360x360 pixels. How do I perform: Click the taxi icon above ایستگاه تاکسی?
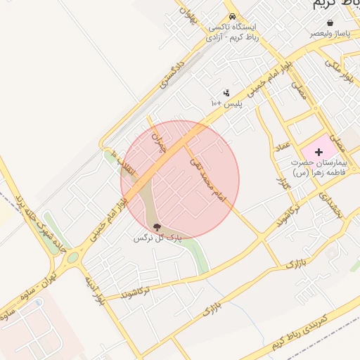pos(233,18)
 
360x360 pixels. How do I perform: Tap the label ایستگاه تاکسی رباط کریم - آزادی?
pos(235,32)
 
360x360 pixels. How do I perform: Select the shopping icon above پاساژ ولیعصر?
pos(330,23)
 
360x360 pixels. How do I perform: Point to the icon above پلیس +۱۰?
pos(226,92)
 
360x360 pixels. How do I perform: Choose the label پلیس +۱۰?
pos(226,103)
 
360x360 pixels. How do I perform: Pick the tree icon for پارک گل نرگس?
pos(156,226)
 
